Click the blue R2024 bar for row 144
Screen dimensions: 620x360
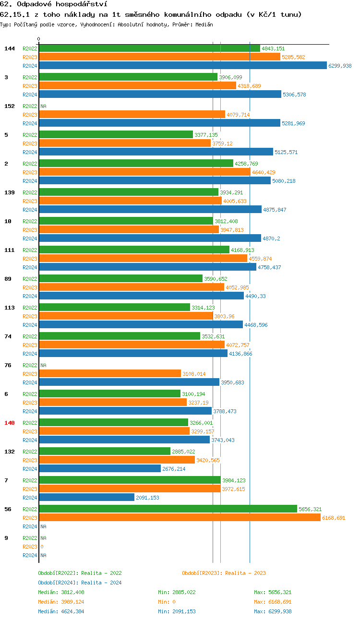182,66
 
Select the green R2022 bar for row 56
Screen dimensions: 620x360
168,509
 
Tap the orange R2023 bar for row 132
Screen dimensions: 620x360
117,460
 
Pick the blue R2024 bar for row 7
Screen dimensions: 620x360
86,498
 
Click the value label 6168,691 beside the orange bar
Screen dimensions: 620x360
334,518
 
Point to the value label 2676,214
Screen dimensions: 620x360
174,469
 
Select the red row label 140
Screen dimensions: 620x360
10,423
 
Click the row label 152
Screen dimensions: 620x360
10,106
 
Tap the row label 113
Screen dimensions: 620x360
10,308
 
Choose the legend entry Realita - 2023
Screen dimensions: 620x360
224,573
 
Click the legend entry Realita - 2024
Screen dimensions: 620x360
80,583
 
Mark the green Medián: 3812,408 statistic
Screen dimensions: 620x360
61,592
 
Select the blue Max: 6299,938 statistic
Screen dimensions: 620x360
273,611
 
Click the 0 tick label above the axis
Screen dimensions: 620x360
39,39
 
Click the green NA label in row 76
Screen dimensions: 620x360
43,365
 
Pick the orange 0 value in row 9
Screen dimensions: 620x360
42,547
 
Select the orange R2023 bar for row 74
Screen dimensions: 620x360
132,345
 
